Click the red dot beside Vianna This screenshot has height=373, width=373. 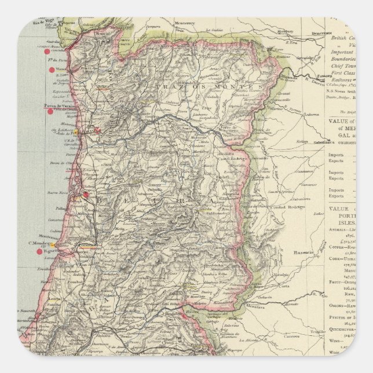click(x=52, y=70)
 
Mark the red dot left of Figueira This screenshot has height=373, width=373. click(x=39, y=251)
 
